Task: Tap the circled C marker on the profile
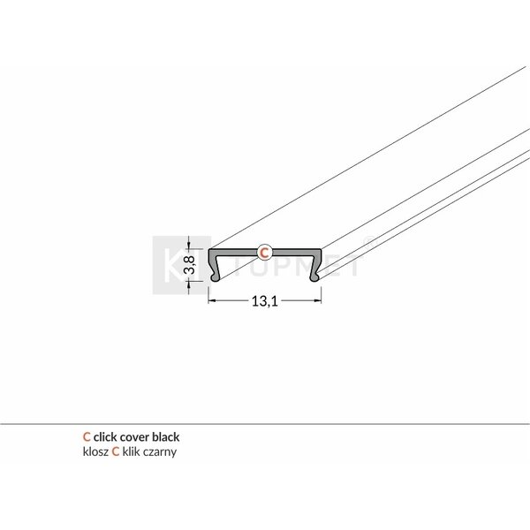263,253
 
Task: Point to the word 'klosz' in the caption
94,450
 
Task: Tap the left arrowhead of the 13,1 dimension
212,301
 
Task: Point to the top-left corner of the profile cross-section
209,249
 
